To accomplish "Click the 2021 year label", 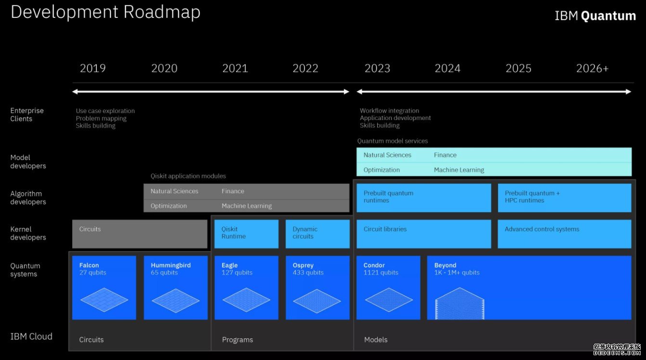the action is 235,68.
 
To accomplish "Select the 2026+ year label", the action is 593,68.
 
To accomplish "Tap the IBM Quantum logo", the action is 595,15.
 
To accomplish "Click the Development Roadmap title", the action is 105,12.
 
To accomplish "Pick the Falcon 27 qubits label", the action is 92,269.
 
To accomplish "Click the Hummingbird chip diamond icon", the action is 176,300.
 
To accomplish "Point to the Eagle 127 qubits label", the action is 237,269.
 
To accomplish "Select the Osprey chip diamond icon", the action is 317,301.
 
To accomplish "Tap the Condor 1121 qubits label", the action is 381,269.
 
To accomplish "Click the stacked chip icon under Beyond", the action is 460,303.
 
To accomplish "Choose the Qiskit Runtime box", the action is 247,234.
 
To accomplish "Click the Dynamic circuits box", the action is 317,234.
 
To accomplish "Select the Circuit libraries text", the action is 385,229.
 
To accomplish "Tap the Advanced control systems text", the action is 542,229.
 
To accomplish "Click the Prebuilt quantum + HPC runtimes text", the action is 532,197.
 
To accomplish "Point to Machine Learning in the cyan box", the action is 459,170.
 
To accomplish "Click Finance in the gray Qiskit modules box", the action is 233,191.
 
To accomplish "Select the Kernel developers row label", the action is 28,233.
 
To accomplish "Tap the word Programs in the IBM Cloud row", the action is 237,340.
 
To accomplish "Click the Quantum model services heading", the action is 393,141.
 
